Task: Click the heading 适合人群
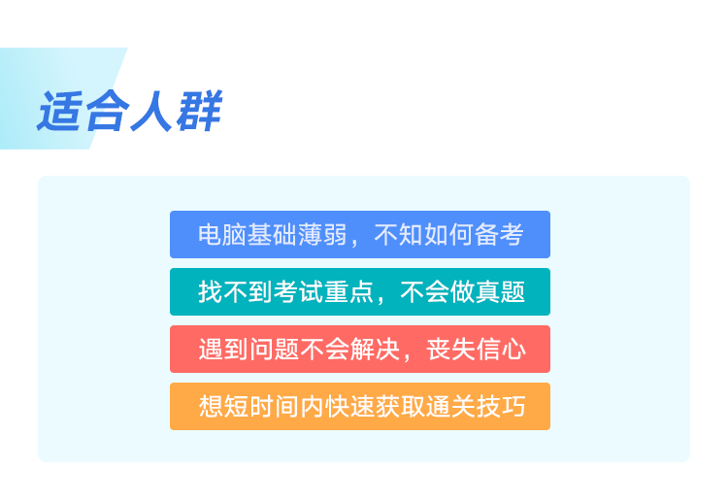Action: click(x=130, y=111)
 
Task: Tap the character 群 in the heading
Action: click(x=200, y=111)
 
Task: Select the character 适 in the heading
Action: click(x=60, y=112)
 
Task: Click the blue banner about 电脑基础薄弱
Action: click(x=360, y=235)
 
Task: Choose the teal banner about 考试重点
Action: click(x=360, y=291)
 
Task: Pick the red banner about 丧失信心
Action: click(x=360, y=350)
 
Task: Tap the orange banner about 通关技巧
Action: click(x=360, y=407)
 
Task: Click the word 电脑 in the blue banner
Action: click(x=222, y=235)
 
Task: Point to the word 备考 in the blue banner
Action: click(x=499, y=235)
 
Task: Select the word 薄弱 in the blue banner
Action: click(x=322, y=235)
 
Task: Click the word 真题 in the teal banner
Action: click(x=501, y=291)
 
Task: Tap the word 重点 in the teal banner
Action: click(x=348, y=291)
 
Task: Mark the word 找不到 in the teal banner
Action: click(x=236, y=291)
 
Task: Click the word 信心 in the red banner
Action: click(x=501, y=350)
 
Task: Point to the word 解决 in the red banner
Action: click(x=375, y=350)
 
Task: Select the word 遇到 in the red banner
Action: click(x=223, y=350)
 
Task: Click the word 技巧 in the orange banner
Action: click(x=501, y=407)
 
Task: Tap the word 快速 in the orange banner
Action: click(x=349, y=407)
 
